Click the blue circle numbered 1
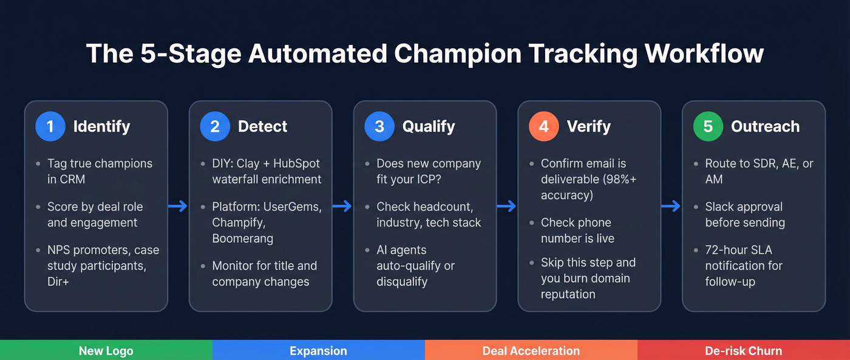[x=50, y=126]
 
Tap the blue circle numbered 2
[x=215, y=126]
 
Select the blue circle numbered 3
[x=379, y=126]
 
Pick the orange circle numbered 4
[x=544, y=126]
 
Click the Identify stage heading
[x=101, y=126]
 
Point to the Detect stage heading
[x=262, y=126]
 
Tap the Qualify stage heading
[x=428, y=126]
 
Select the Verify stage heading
[x=589, y=126]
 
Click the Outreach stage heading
[x=765, y=126]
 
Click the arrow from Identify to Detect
[x=178, y=206]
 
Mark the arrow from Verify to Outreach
[x=671, y=206]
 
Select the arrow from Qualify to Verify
[x=507, y=206]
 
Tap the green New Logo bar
[x=106, y=350]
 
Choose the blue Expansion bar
[x=319, y=350]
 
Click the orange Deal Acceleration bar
[x=531, y=350]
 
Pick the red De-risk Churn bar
[x=744, y=350]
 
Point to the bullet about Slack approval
[x=744, y=214]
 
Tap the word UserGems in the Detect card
[x=292, y=206]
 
